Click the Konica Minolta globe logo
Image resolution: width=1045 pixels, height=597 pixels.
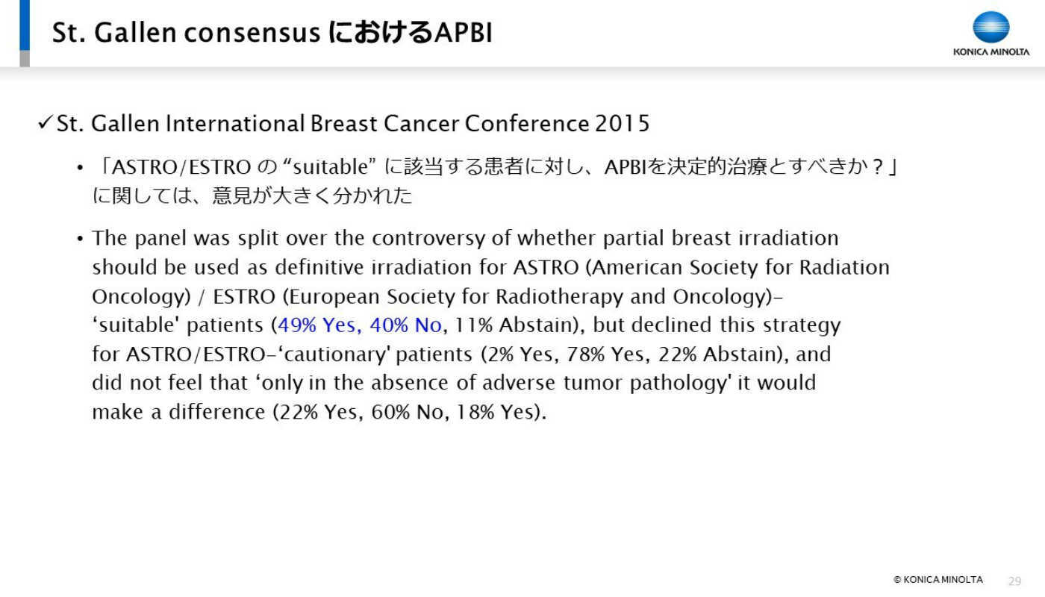click(991, 27)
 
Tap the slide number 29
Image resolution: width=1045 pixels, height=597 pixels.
click(1014, 581)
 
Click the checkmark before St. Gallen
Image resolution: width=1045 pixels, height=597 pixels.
click(45, 122)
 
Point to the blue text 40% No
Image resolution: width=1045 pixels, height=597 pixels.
click(405, 325)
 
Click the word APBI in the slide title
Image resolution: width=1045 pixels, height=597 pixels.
click(463, 33)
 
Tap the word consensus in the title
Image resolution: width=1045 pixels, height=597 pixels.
click(252, 34)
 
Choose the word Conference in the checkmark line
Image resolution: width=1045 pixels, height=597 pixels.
click(526, 124)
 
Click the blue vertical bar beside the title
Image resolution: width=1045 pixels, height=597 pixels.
click(25, 25)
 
